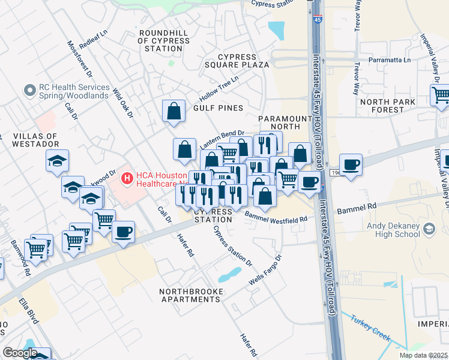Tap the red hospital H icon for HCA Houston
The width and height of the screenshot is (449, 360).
pyautogui.click(x=127, y=178)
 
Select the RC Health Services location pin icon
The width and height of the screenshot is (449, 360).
pyautogui.click(x=28, y=91)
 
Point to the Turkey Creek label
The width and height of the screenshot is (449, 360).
pyautogui.click(x=370, y=328)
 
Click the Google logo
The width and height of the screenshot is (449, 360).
pyautogui.click(x=20, y=353)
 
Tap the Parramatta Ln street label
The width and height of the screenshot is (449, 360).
pyautogui.click(x=390, y=61)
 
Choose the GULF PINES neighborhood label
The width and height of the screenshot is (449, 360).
pyautogui.click(x=218, y=108)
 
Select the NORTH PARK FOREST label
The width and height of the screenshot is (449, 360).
pyautogui.click(x=390, y=106)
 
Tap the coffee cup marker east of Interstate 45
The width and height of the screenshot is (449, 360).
pyautogui.click(x=351, y=164)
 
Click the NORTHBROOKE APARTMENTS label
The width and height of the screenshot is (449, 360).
pyautogui.click(x=191, y=296)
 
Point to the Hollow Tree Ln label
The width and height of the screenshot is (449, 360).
pyautogui.click(x=219, y=88)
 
